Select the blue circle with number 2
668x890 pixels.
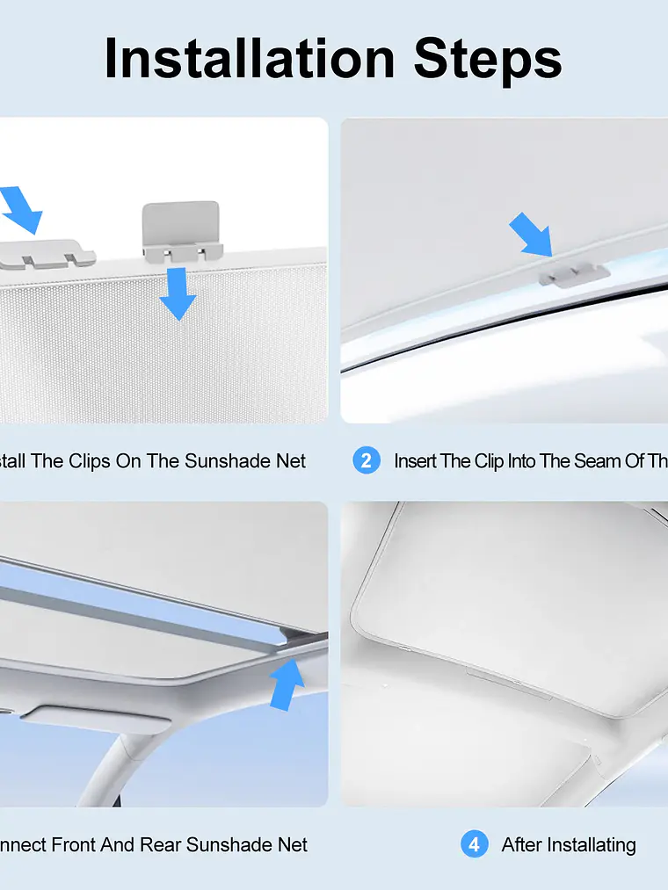point(367,460)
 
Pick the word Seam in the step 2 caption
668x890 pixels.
point(597,460)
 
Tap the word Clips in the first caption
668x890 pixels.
point(88,460)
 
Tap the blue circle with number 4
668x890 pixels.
point(474,844)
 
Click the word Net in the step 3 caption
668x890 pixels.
point(292,844)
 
